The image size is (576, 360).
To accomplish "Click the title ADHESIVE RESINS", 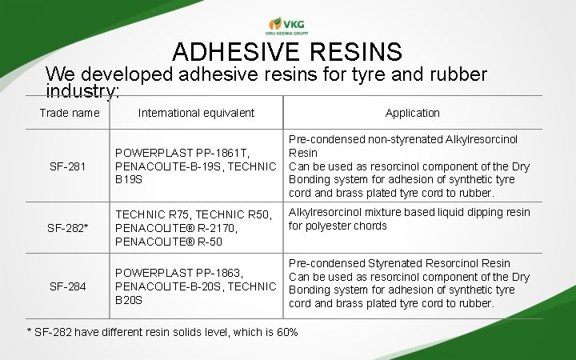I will tap(287, 53).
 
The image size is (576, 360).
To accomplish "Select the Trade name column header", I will tap(70, 113).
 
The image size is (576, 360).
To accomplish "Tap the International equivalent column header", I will tap(196, 113).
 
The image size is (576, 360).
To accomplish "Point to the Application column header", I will tap(412, 113).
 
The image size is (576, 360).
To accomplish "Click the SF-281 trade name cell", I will tap(68, 166).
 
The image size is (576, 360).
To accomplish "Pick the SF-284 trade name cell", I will tap(68, 286).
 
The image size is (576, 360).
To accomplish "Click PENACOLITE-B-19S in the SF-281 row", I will tap(170, 166).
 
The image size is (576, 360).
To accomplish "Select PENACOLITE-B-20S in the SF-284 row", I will tap(170, 286).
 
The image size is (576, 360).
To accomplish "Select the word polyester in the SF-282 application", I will tap(330, 226).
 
